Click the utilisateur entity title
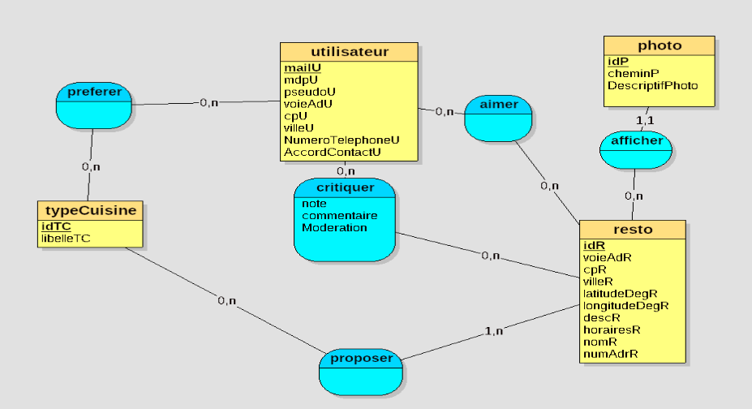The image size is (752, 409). pos(349,52)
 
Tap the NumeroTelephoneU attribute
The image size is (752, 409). pos(342,140)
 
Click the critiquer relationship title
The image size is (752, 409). pos(345,187)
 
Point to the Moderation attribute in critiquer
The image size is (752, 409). pos(334,228)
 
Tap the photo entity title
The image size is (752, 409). pos(660,45)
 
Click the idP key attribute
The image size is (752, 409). pos(617,61)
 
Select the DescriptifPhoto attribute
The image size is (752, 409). pos(652,85)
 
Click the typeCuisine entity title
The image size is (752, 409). pos(91,211)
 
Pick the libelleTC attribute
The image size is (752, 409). pos(66,239)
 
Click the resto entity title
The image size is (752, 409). pos(634,230)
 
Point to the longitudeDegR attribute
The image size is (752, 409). pos(625,305)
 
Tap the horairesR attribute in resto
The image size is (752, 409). pos(612,329)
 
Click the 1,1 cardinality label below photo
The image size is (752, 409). pos(645,120)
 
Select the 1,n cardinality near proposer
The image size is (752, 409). pos(493,331)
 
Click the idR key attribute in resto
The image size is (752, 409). pos(595,245)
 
